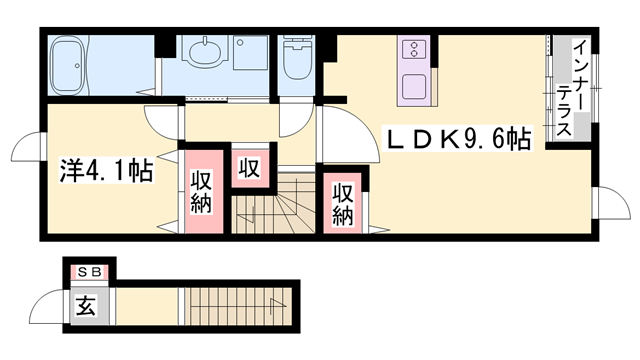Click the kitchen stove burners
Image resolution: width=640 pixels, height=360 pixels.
(x=415, y=49)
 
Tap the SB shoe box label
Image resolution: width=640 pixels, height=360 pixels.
(x=87, y=270)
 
